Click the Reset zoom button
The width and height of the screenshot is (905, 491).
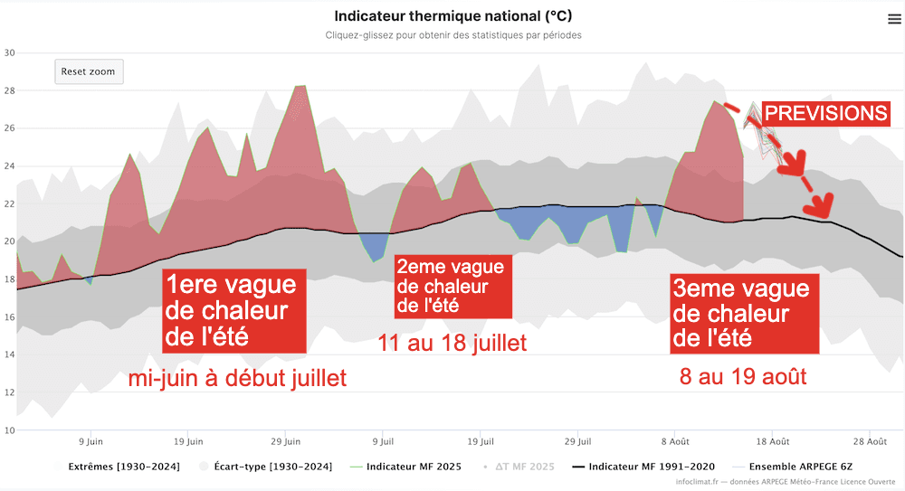[89, 71]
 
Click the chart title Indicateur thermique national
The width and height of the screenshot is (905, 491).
[452, 16]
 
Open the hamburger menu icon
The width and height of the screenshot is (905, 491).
[894, 20]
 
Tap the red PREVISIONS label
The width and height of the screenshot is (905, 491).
[826, 113]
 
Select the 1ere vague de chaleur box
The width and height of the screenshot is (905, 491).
[231, 312]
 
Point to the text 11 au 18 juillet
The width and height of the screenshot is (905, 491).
[452, 344]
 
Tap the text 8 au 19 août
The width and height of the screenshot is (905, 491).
[742, 376]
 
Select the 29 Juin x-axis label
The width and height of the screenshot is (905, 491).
[286, 442]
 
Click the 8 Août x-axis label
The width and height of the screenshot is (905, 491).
[676, 442]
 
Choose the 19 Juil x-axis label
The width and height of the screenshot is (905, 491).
[481, 442]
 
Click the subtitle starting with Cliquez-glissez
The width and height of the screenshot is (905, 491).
[452, 35]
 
